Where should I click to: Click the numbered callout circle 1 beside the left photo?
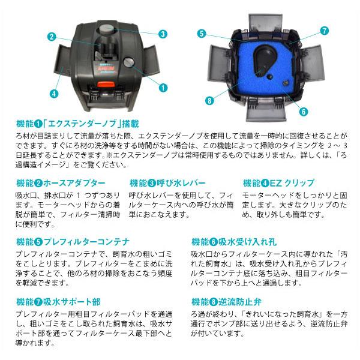click(x=162, y=87)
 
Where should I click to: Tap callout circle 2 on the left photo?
click(x=52, y=37)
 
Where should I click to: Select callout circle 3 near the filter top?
click(x=162, y=34)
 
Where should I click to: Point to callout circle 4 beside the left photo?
click(x=53, y=94)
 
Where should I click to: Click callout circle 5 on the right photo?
click(x=202, y=34)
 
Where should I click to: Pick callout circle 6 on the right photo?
click(x=304, y=111)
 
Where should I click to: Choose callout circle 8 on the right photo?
click(x=209, y=100)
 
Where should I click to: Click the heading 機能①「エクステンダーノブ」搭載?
click(x=78, y=124)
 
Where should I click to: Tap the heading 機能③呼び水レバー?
click(x=167, y=182)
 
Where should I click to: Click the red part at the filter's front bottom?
click(x=103, y=95)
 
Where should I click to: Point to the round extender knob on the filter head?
click(x=127, y=61)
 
